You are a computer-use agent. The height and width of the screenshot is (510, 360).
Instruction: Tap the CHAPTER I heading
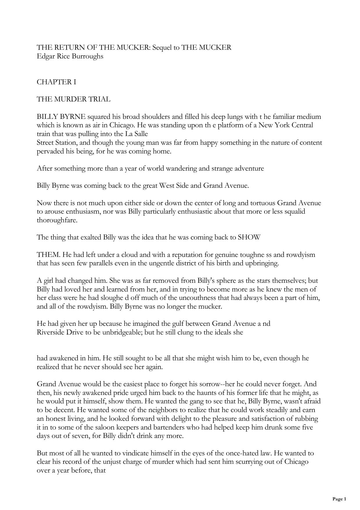(x=56, y=82)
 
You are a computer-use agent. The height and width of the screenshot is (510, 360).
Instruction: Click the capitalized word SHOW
(x=249, y=237)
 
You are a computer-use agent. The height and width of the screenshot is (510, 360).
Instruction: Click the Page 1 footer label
(x=339, y=499)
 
